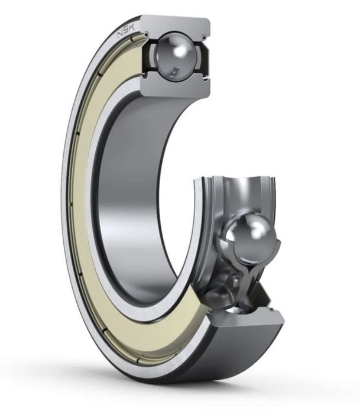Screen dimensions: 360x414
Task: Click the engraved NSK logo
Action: click(126, 31)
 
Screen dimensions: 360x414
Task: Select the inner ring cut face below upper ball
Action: click(175, 86)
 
